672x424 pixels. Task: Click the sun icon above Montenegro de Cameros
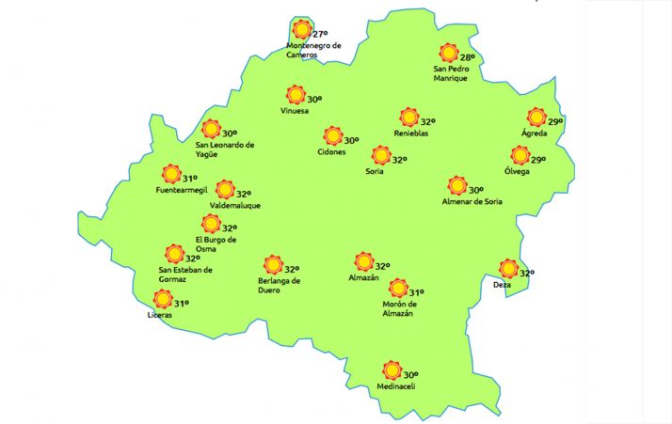[301, 28]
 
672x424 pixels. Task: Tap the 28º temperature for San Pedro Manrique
[467, 57]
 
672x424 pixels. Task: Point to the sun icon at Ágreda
[536, 118]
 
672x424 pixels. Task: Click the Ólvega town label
[517, 171]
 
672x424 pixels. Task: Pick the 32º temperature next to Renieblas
[427, 122]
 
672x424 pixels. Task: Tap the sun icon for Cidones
[332, 136]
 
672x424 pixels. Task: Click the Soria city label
[374, 171]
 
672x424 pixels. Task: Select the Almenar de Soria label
[475, 201]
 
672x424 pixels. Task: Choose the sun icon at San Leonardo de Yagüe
[211, 129]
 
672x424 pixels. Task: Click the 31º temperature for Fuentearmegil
[189, 179]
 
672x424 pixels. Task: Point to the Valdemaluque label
[235, 205]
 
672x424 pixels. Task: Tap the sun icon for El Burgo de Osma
[210, 223]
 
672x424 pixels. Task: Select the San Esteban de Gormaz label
[186, 275]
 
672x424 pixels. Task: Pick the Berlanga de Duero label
[279, 285]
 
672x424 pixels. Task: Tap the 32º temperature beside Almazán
[382, 265]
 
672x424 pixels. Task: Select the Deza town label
[502, 285]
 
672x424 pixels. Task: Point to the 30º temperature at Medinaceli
[410, 374]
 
